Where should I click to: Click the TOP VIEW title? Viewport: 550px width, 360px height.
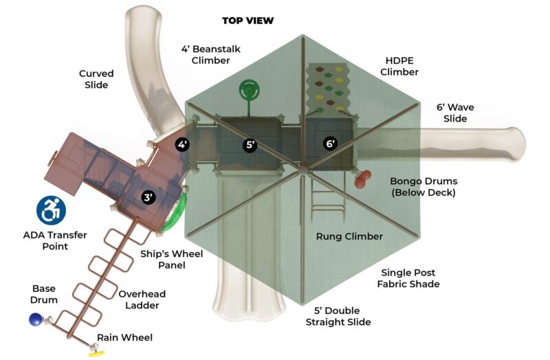[x=247, y=21]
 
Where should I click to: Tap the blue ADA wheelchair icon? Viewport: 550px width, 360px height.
[x=51, y=211]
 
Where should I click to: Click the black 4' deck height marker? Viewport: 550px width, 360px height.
[x=182, y=144]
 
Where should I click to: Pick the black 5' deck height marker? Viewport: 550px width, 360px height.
[x=250, y=145]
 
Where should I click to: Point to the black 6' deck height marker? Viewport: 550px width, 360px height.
[x=331, y=144]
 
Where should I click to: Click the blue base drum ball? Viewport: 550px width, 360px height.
[x=36, y=319]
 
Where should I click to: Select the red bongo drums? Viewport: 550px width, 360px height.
[x=362, y=179]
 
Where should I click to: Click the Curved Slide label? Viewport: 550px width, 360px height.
[x=96, y=79]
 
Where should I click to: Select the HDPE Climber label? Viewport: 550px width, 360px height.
[x=399, y=66]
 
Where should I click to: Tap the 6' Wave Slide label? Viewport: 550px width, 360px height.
[x=455, y=113]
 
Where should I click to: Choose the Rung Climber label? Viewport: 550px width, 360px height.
[x=349, y=236]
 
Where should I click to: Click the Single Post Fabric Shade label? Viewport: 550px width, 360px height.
[x=410, y=278]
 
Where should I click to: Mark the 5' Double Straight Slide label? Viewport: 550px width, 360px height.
[x=342, y=316]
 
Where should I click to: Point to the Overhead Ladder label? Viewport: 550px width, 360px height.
[x=142, y=300]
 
